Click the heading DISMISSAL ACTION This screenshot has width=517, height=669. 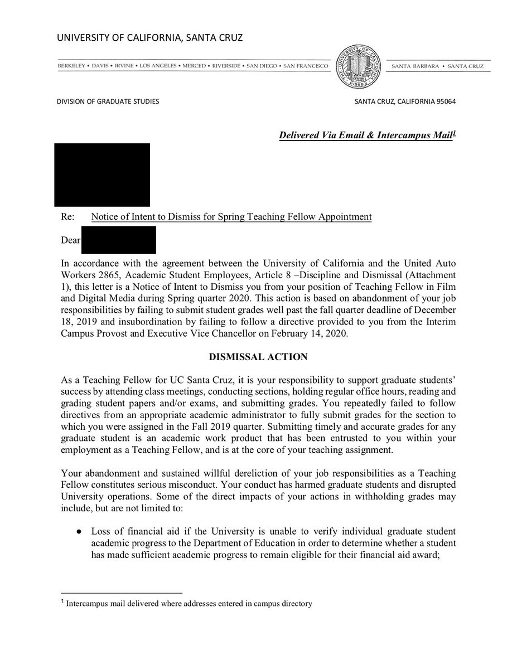(x=258, y=357)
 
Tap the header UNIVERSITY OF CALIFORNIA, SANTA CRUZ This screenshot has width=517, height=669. (x=149, y=38)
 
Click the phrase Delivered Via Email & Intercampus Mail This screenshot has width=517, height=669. (x=365, y=135)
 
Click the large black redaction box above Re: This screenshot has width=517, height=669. (x=102, y=174)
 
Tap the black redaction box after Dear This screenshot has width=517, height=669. (x=119, y=240)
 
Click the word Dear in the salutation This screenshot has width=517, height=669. (x=70, y=241)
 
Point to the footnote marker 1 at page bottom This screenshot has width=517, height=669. (x=62, y=603)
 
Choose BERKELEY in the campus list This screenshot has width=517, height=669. (x=71, y=66)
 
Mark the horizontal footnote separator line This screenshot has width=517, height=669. (x=121, y=593)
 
